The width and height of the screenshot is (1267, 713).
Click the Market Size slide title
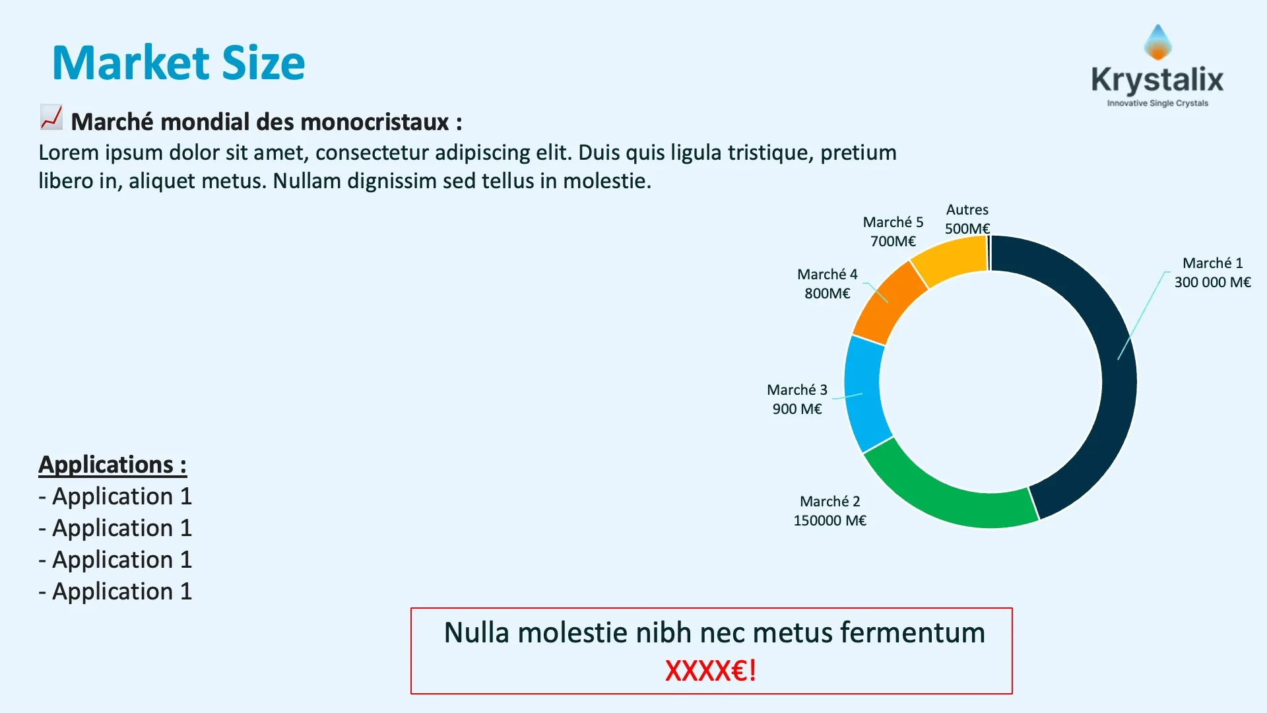click(x=178, y=63)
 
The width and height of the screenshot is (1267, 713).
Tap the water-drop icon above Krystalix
click(x=1157, y=42)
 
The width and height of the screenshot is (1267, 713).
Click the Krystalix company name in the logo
click(x=1157, y=80)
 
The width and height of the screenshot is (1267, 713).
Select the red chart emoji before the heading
click(x=51, y=118)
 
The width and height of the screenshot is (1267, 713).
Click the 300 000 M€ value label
click(x=1212, y=283)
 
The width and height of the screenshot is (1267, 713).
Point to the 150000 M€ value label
click(x=829, y=521)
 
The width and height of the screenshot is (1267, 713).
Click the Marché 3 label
click(x=796, y=390)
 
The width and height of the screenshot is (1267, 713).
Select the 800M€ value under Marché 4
click(x=827, y=294)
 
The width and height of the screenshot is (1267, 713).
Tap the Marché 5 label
click(x=893, y=222)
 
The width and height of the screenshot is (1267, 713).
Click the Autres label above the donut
click(x=967, y=210)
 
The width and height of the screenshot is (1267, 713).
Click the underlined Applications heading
click(x=112, y=465)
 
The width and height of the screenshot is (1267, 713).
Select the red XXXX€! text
click(x=711, y=671)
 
